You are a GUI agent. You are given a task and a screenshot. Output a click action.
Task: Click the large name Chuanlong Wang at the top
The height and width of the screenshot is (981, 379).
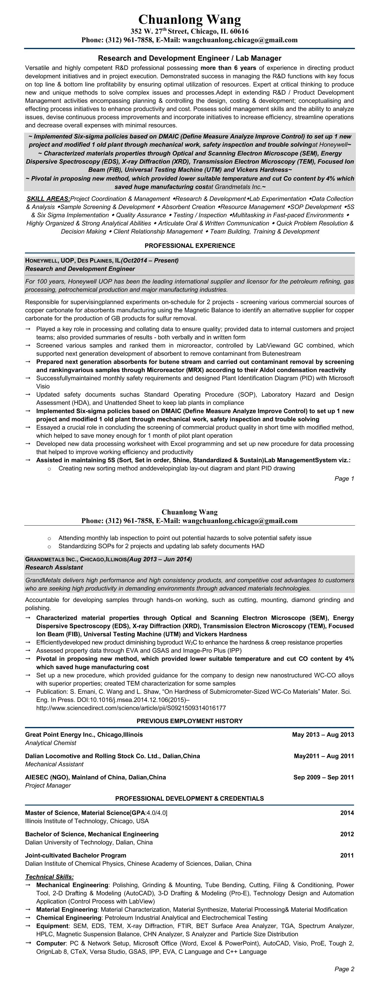190,19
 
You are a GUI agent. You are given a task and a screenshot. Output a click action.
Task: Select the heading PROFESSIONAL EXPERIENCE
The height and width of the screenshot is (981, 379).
190,246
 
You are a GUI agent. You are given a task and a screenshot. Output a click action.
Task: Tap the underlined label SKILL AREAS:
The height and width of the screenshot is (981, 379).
48,199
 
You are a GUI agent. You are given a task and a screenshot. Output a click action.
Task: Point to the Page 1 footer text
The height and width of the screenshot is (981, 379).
344,478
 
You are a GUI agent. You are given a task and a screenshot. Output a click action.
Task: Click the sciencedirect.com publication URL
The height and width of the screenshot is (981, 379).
131,708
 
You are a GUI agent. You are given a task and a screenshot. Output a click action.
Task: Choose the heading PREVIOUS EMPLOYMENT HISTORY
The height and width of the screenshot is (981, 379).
190,721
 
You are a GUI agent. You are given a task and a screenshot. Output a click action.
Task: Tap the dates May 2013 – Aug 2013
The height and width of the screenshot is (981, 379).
323,735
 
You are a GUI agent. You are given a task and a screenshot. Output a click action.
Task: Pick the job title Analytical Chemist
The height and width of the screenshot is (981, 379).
51,743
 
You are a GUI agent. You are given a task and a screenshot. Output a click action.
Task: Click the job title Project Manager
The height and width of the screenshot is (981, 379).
48,786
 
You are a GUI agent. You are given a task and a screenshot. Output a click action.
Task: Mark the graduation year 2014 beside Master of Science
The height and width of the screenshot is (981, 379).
347,813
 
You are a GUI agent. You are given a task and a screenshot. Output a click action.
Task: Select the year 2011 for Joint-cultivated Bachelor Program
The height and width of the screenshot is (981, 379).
347,856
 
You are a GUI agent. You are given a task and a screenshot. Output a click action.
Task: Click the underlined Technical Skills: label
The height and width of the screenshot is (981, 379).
49,877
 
